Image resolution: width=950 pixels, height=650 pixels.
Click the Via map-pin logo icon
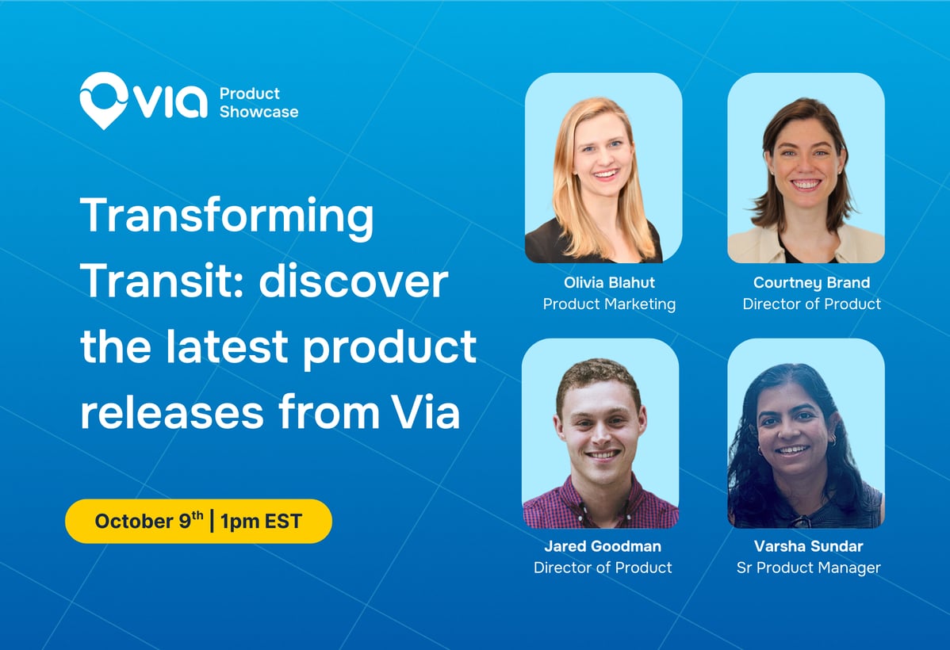coord(104,100)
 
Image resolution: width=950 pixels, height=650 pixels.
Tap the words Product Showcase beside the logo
coord(259,102)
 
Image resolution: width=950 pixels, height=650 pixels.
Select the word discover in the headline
coord(354,281)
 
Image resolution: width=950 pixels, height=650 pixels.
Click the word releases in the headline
coord(172,413)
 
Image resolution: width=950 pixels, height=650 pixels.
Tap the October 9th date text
coord(148,521)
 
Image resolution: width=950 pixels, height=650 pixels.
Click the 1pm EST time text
coord(261,522)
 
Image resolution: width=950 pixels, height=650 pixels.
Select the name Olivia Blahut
coord(609,282)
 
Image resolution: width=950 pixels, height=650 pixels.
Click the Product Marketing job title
coord(609,304)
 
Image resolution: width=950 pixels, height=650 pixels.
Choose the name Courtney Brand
coord(811,283)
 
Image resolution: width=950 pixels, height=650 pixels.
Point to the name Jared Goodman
coord(602,546)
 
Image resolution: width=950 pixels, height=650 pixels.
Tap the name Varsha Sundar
coord(808,546)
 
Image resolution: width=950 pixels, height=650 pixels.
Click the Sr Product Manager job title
coord(808,568)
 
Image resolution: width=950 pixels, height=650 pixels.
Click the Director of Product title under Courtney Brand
coord(811,304)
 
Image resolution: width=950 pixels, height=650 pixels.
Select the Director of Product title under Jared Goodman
coord(602,568)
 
